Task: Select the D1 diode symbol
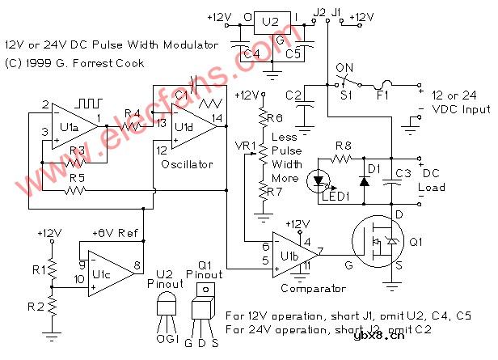(364, 179)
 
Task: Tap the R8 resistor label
(344, 146)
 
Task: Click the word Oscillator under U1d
(187, 164)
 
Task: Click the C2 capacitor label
(293, 96)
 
